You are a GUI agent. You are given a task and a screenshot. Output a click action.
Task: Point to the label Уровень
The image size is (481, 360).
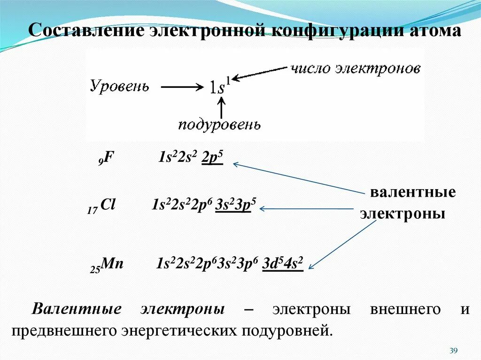(119, 86)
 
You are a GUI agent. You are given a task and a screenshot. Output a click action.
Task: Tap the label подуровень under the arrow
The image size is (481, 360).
(219, 125)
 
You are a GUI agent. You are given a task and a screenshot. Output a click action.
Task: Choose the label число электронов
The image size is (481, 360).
(355, 69)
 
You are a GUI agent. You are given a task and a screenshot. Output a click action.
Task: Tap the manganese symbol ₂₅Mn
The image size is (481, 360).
(107, 264)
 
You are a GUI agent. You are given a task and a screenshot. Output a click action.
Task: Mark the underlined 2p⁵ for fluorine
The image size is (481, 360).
(212, 158)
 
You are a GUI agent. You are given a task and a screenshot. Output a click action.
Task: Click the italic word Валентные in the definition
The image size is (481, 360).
(77, 310)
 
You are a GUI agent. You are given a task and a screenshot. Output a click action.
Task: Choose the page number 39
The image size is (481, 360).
(453, 351)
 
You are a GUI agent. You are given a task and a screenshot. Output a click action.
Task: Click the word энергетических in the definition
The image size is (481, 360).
(179, 331)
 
